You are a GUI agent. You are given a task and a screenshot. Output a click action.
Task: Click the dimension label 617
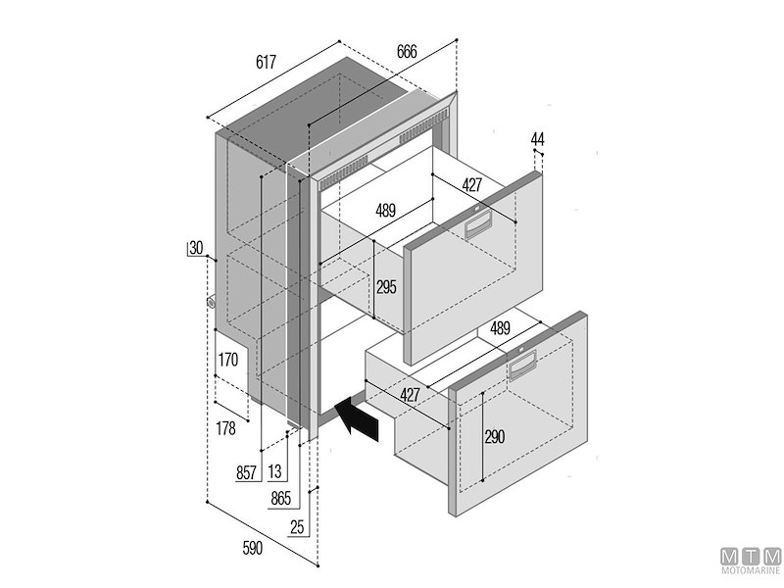click(266, 63)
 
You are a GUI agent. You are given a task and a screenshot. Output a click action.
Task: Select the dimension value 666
click(412, 52)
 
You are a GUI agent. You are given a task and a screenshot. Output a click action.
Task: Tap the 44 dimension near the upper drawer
click(537, 139)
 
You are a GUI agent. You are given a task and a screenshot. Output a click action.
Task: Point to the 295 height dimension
click(387, 287)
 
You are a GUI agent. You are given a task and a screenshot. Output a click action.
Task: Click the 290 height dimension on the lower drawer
click(495, 437)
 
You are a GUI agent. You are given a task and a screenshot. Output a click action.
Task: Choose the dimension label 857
click(247, 472)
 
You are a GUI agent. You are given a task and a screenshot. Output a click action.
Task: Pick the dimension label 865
click(280, 498)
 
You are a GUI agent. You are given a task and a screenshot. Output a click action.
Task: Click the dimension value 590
click(252, 549)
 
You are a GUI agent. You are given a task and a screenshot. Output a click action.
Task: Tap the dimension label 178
click(225, 427)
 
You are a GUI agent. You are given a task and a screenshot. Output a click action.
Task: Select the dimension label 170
click(228, 360)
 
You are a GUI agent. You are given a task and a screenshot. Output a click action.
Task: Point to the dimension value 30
click(196, 249)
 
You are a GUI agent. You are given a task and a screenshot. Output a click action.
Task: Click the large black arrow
click(357, 419)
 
